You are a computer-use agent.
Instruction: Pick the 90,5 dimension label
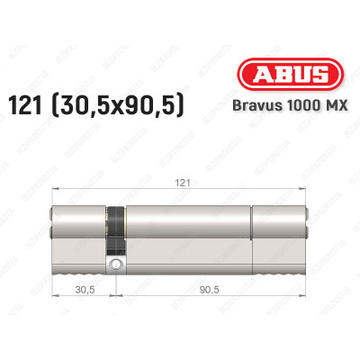click(208, 289)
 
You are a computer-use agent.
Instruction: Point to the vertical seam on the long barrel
click(252, 229)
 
